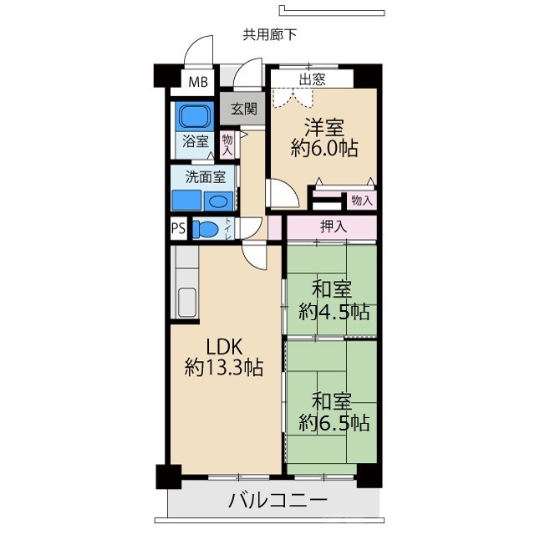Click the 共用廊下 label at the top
(x=269, y=35)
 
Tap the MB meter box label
(x=197, y=82)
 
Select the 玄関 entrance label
(x=244, y=108)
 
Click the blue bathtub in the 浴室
(x=195, y=115)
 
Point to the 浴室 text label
(x=196, y=141)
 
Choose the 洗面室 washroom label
(x=205, y=177)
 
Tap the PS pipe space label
(x=178, y=228)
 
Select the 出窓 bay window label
(x=313, y=79)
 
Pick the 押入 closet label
(x=333, y=226)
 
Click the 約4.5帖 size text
(x=333, y=311)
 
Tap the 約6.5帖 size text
(x=333, y=421)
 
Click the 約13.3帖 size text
(x=224, y=367)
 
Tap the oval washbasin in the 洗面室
(x=219, y=201)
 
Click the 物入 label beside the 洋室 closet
(x=361, y=201)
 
